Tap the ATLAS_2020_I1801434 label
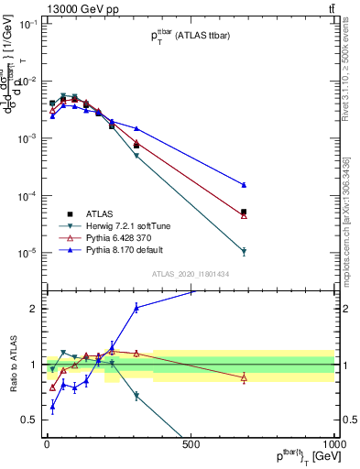(191, 273)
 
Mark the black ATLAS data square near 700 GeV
(244, 212)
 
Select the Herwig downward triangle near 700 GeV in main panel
(244, 252)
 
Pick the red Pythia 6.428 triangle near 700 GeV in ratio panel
(244, 377)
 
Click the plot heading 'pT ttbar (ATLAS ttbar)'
(191, 37)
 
